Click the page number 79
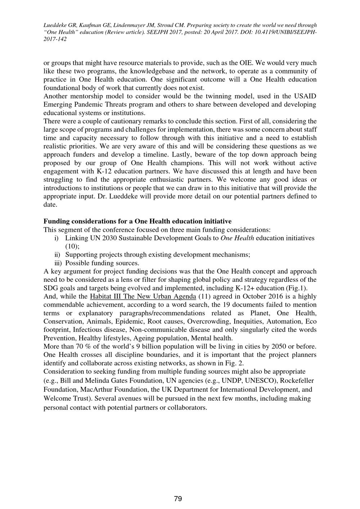click(178, 499)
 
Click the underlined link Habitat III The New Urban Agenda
click(143, 297)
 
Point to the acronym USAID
click(305, 96)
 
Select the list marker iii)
click(57, 263)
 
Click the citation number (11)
click(204, 297)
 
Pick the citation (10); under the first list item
click(72, 247)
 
